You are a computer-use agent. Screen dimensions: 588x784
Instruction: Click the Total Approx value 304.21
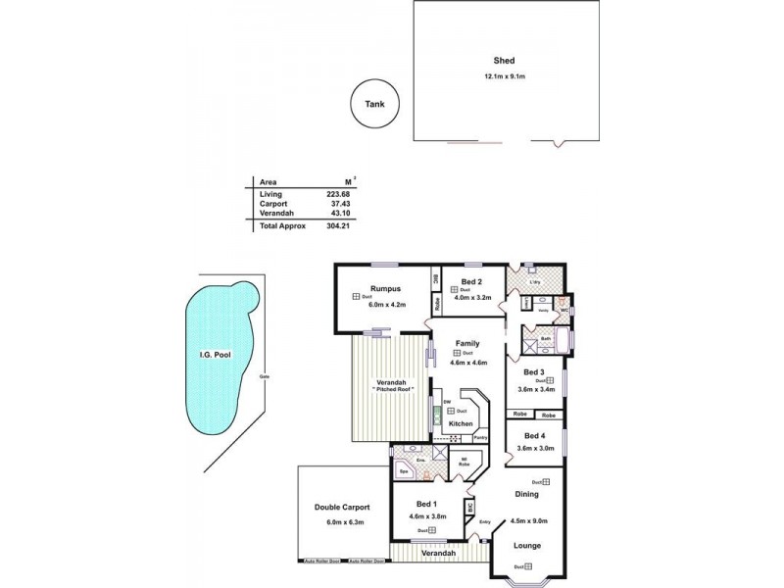[338, 226]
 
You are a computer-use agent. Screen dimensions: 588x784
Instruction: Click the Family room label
[466, 344]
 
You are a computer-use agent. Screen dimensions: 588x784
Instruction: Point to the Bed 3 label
[533, 372]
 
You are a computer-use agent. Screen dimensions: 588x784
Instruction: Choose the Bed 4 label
[533, 436]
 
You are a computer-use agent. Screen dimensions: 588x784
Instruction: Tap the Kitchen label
[462, 423]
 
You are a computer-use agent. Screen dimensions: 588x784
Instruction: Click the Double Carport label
[342, 509]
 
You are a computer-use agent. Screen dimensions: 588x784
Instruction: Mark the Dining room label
[526, 494]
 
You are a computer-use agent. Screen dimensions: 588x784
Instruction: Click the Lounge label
[527, 546]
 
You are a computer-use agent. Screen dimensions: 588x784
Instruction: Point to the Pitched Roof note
[392, 390]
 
